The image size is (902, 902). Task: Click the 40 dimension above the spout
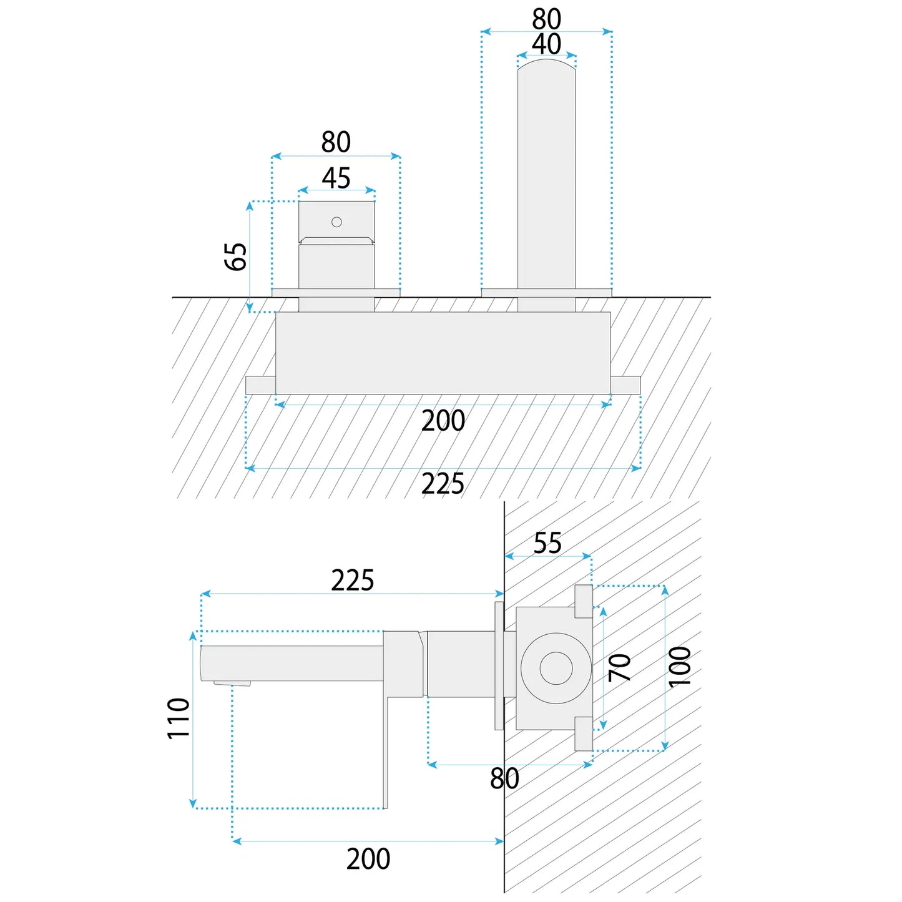(x=546, y=45)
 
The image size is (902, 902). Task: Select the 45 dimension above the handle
(x=336, y=179)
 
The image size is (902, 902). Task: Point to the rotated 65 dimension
(x=236, y=257)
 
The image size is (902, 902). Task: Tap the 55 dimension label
(x=547, y=543)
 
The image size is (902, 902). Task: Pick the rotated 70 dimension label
(x=620, y=668)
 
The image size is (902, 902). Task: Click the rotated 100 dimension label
(x=680, y=667)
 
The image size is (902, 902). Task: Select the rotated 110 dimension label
(x=179, y=718)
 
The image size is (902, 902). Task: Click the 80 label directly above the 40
(x=546, y=19)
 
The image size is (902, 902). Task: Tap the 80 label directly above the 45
(x=336, y=142)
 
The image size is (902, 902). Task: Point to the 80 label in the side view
(x=504, y=779)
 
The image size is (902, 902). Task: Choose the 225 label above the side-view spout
(x=352, y=581)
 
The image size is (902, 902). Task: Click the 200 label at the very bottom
(x=368, y=859)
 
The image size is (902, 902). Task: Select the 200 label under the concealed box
(x=443, y=421)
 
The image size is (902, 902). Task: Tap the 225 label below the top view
(x=443, y=484)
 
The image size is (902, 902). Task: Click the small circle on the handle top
(x=336, y=222)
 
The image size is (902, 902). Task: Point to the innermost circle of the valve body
(x=556, y=669)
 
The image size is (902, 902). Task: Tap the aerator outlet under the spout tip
(x=232, y=683)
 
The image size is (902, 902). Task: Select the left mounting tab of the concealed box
(x=260, y=385)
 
